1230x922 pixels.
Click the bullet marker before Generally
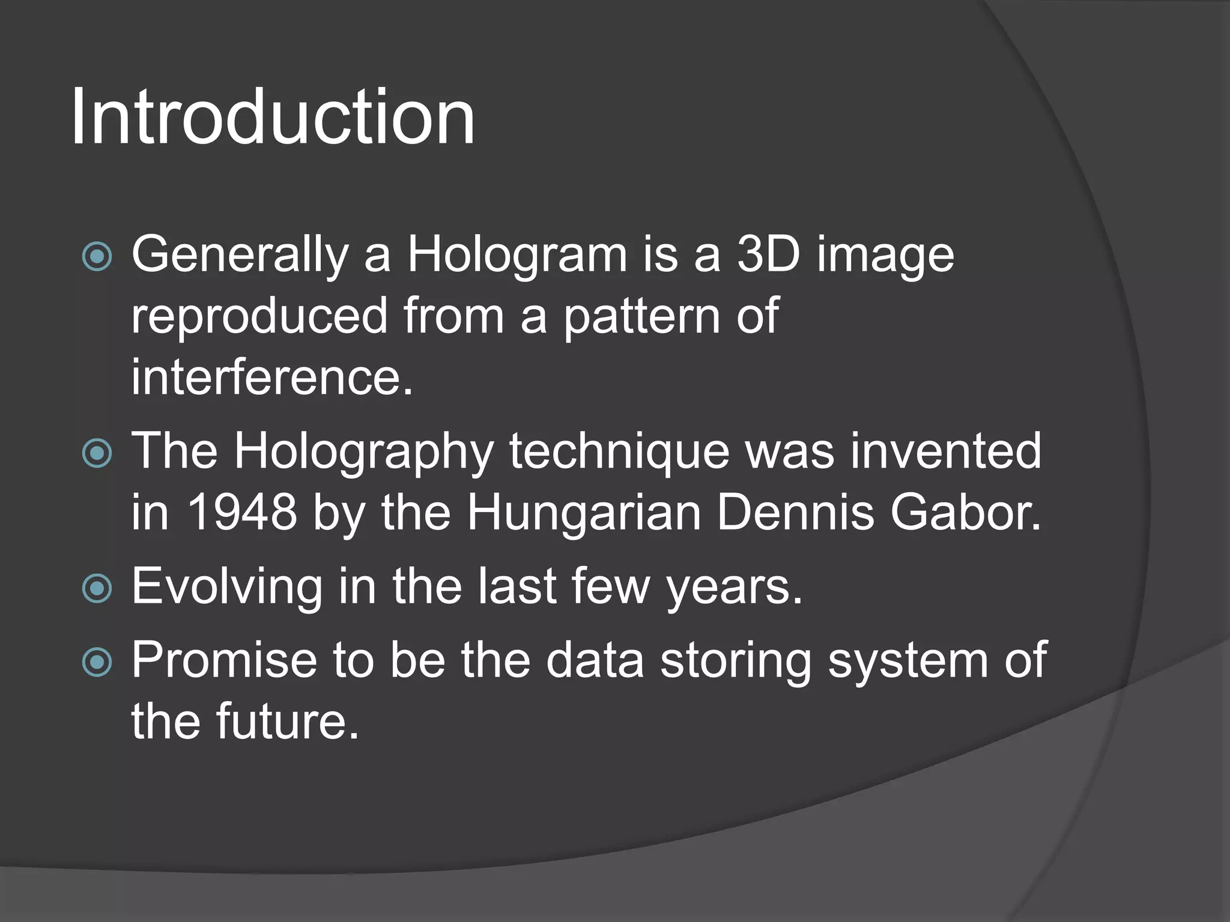97,257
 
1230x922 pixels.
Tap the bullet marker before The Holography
97,453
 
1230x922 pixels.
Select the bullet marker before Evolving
97,588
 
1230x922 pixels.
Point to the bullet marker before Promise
97,663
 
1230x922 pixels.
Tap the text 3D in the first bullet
768,255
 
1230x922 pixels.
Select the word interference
272,377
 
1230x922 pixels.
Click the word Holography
364,451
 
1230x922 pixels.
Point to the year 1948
242,513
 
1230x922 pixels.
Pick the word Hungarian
584,513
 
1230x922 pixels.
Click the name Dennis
795,513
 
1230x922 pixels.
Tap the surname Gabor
965,513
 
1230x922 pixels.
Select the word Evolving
227,587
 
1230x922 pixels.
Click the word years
735,587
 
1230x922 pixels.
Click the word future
286,722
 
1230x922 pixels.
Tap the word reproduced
259,316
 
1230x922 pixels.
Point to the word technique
619,451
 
